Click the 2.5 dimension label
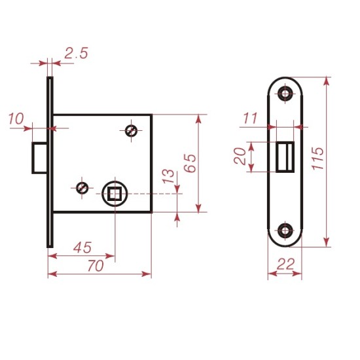coord(76,53)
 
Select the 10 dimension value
coord(16,118)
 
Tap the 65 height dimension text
coord(190,163)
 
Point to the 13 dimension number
coord(168,176)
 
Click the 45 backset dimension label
coord(82,247)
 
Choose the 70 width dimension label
coord(96,266)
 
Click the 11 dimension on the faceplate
coord(250,118)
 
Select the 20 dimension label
coord(240,156)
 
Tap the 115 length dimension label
coord(317,158)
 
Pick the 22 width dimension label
coord(285,264)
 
